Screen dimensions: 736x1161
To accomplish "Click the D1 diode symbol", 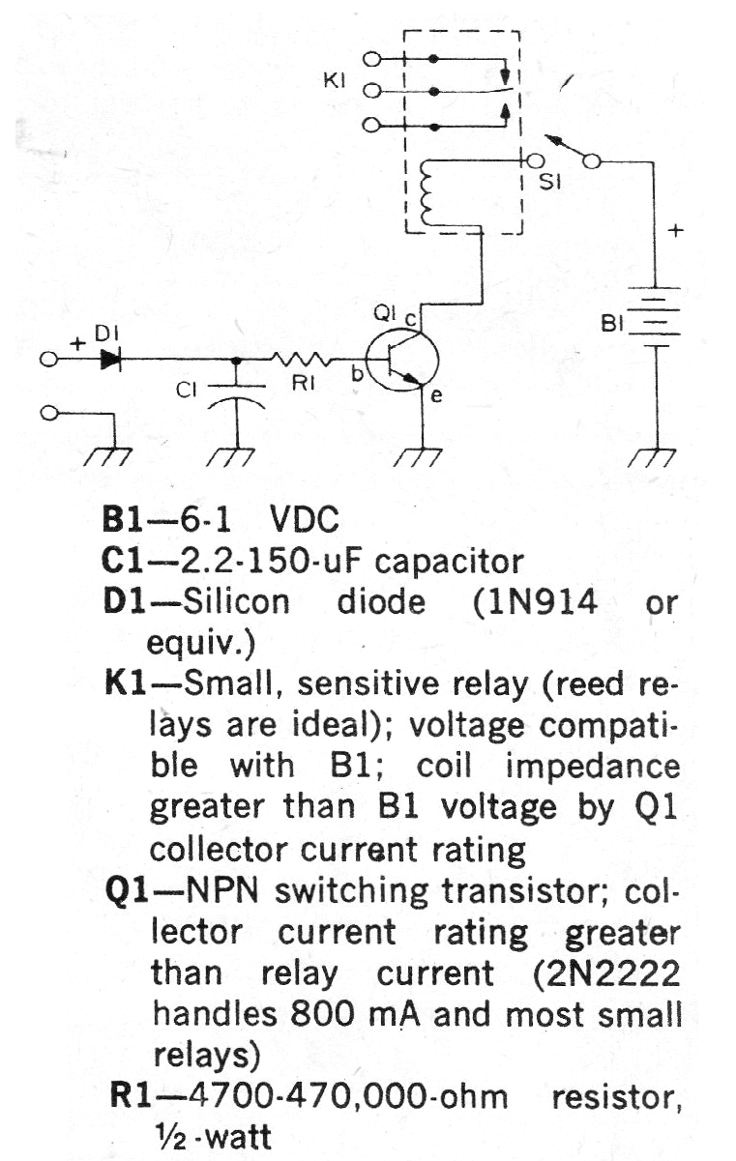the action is (x=110, y=360).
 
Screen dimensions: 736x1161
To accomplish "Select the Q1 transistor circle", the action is (x=402, y=362).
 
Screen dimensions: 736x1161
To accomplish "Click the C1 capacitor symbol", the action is (x=237, y=394).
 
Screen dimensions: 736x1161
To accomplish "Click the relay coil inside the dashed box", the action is (x=427, y=192).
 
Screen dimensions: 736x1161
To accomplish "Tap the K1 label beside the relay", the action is (x=335, y=81).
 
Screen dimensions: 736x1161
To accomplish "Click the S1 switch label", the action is (x=550, y=182).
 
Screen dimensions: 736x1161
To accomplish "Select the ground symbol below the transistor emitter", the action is (x=419, y=456).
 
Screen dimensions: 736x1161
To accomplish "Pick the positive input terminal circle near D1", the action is (x=48, y=360).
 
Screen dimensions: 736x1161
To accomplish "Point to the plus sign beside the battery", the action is (x=675, y=230).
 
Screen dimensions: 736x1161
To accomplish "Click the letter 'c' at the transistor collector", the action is (x=410, y=319).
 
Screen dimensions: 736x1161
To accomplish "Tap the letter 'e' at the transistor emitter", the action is (x=436, y=396).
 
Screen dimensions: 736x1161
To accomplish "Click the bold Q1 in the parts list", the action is (x=127, y=893).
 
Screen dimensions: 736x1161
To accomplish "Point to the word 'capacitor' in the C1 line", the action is (x=449, y=563).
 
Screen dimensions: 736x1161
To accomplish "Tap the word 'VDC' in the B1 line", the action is (x=305, y=520).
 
